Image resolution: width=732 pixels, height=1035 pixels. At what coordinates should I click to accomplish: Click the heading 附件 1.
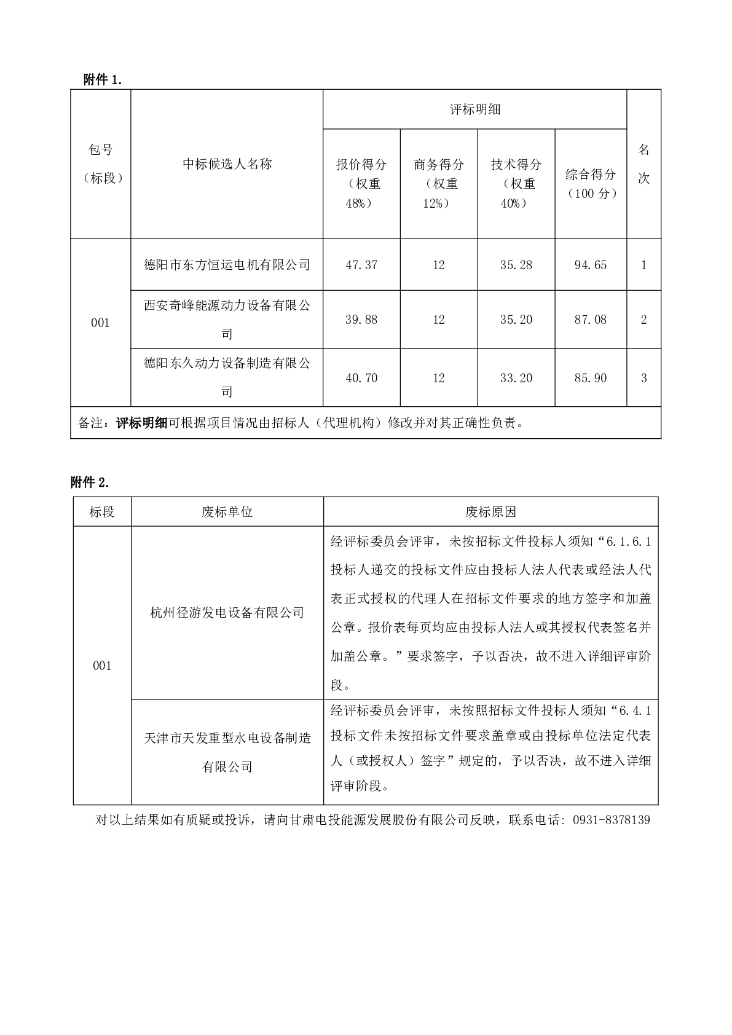[x=106, y=80]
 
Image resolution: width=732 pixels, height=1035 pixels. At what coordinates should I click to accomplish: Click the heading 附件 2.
[x=90, y=482]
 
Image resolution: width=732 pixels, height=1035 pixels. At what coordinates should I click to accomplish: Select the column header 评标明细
[x=474, y=109]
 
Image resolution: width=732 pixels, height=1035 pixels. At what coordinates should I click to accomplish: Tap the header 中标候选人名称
[x=227, y=164]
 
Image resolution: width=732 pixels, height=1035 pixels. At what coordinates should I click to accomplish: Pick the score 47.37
[x=361, y=265]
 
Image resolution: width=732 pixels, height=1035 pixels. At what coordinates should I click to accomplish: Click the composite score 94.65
[x=590, y=265]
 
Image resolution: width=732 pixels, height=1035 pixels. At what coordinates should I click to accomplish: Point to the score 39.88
[x=361, y=320]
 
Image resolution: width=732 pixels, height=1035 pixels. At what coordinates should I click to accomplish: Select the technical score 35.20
[x=516, y=320]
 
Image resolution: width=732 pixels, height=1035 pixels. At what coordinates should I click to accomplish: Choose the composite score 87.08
[x=590, y=320]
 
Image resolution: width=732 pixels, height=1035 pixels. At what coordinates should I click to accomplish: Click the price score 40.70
[x=361, y=378]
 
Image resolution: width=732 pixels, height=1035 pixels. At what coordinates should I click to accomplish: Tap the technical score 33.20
[x=516, y=378]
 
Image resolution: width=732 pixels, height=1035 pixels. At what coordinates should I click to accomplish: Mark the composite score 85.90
[x=590, y=378]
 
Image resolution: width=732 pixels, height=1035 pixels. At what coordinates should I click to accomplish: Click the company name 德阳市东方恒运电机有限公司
[x=227, y=265]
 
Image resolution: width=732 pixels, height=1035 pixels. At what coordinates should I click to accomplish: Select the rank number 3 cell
[x=643, y=378]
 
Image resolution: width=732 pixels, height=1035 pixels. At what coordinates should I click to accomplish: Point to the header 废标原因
[x=490, y=512]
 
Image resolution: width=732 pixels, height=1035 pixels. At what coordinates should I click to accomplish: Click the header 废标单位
[x=227, y=512]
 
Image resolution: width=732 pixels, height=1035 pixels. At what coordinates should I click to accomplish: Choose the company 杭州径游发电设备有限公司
[x=227, y=613]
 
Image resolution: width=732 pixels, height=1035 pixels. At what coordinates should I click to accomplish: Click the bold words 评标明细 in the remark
[x=142, y=423]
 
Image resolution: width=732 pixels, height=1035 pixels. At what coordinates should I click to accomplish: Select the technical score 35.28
[x=516, y=265]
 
